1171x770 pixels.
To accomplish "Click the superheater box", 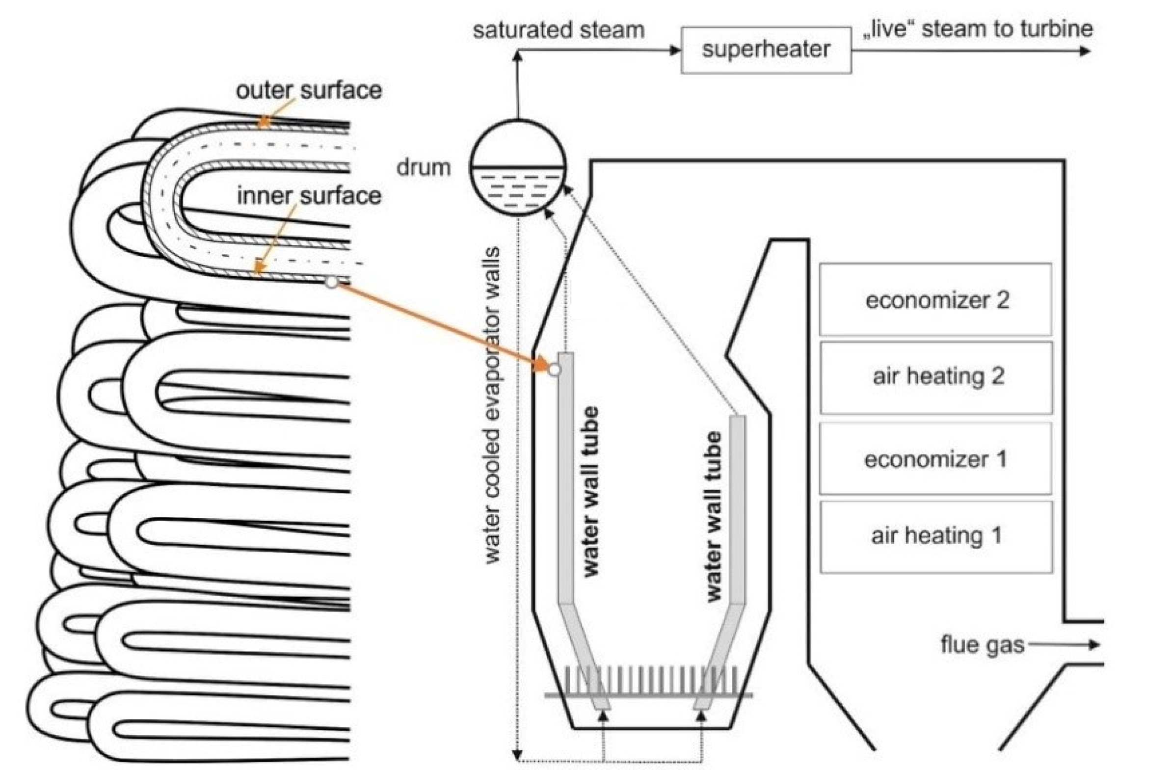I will pyautogui.click(x=766, y=50).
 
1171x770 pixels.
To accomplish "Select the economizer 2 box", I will pyautogui.click(x=935, y=300).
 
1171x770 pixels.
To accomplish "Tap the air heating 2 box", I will pyautogui.click(x=936, y=377).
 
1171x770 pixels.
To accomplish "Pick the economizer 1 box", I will pyautogui.click(x=935, y=459).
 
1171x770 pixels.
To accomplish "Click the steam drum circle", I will pyautogui.click(x=518, y=167).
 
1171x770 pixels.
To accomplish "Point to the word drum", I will pyautogui.click(x=423, y=168).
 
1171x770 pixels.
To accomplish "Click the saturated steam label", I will pyautogui.click(x=559, y=30).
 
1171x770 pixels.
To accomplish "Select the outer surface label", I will pyautogui.click(x=309, y=90).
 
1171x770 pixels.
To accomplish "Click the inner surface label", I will pyautogui.click(x=309, y=196).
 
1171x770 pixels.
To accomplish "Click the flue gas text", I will pyautogui.click(x=982, y=645).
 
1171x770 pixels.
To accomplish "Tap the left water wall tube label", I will pyautogui.click(x=590, y=491).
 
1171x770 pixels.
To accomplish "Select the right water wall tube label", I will pyautogui.click(x=714, y=517).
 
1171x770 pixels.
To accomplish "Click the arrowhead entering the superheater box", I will pyautogui.click(x=675, y=50).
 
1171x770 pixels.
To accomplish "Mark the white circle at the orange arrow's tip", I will pyautogui.click(x=554, y=370).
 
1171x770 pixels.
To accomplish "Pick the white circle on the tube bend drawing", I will pyautogui.click(x=332, y=282).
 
